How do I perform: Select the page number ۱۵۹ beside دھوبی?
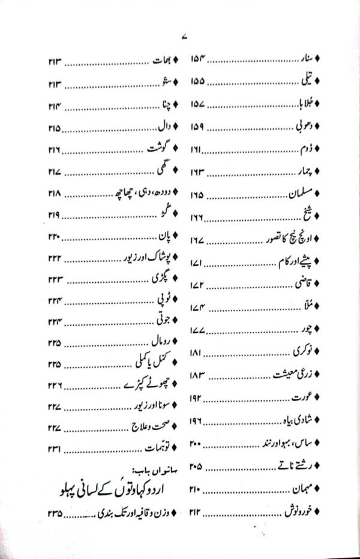(199, 127)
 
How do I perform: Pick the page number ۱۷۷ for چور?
(199, 331)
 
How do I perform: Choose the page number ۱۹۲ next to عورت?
(199, 398)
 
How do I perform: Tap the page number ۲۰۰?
(199, 444)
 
